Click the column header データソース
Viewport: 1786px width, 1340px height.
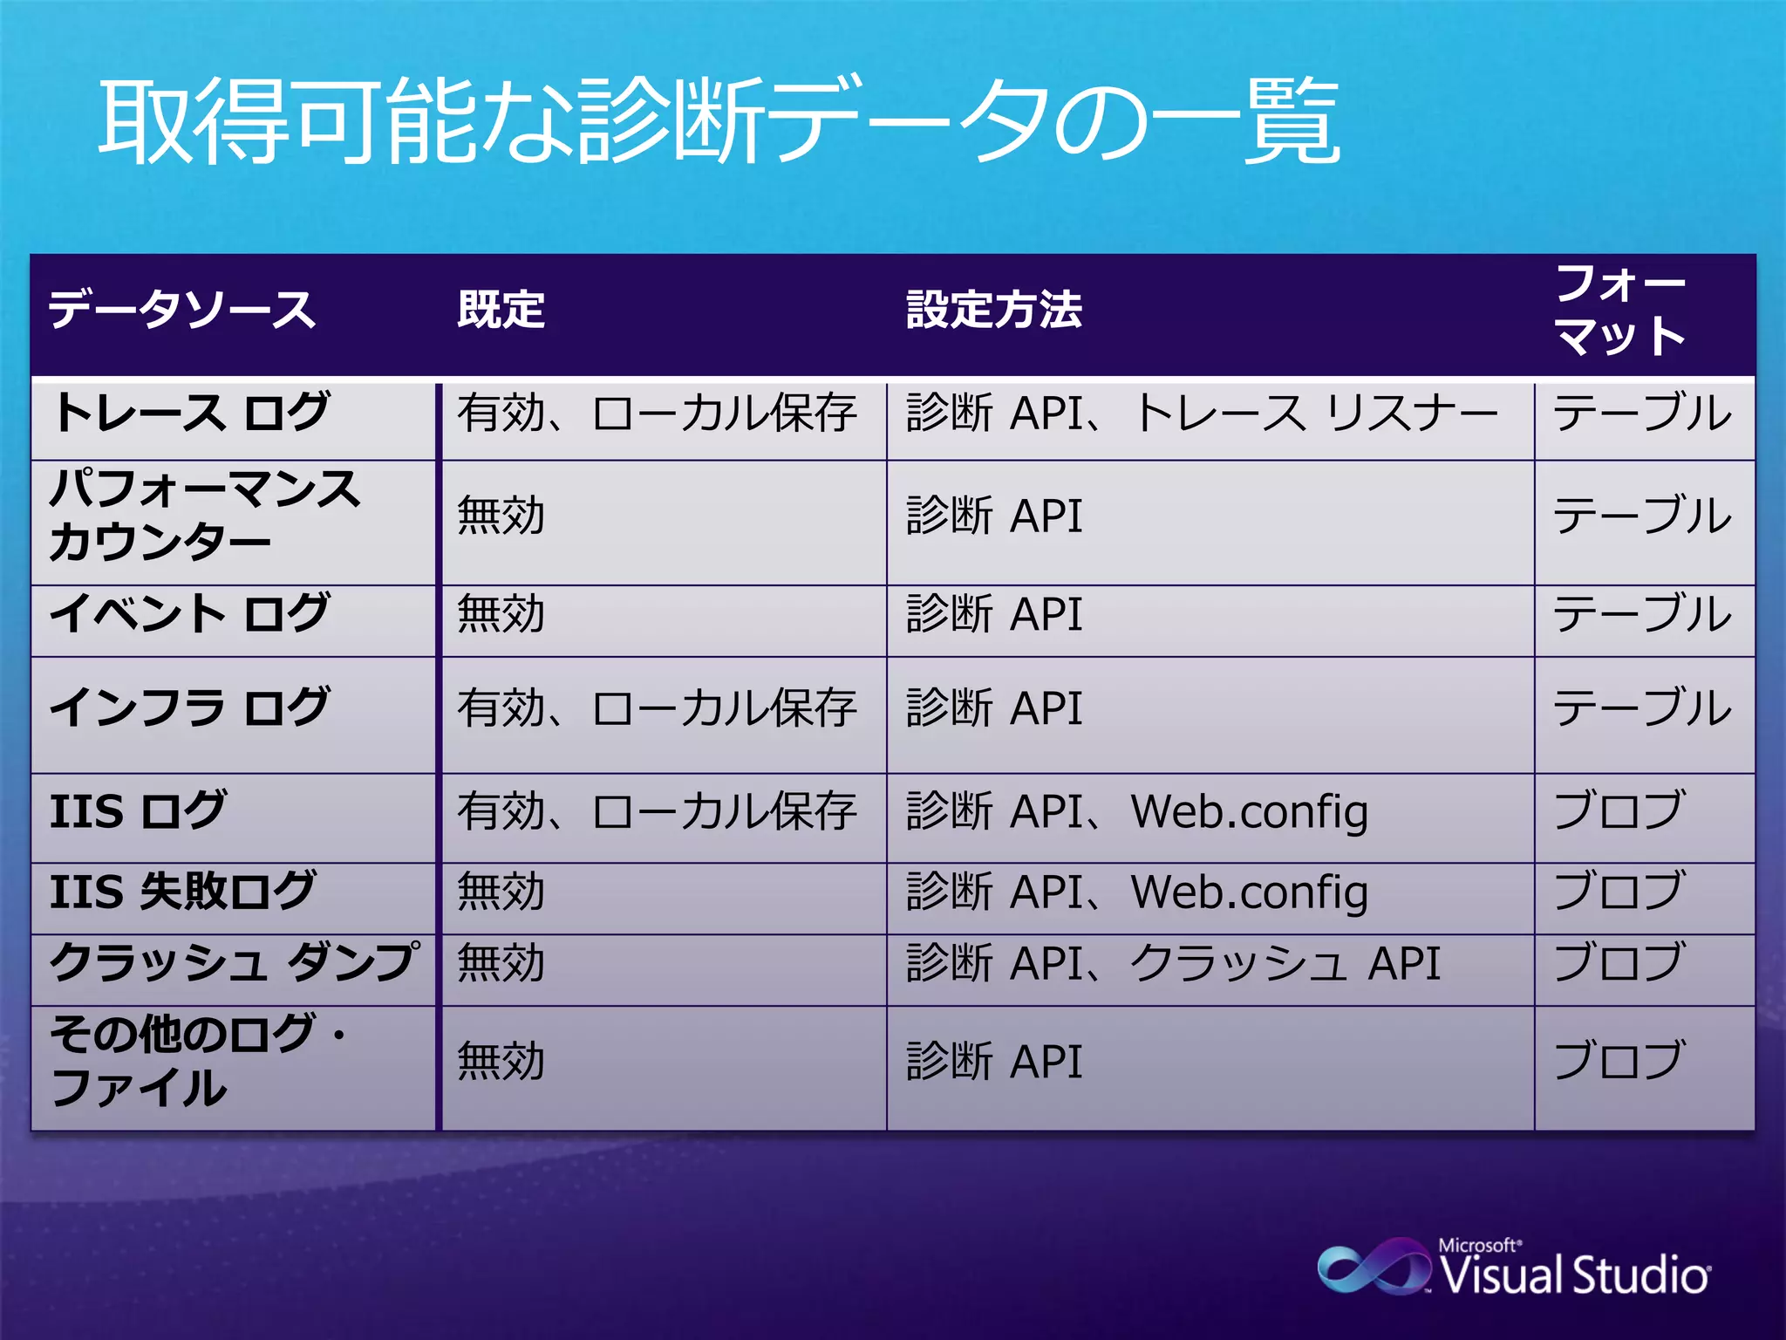click(x=181, y=311)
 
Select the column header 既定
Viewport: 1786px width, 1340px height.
click(x=501, y=311)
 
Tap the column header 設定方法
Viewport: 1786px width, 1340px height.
click(x=993, y=311)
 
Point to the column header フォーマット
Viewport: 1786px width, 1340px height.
click(x=1619, y=311)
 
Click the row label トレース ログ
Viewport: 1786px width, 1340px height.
click(x=190, y=413)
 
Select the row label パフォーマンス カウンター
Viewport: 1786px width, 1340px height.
click(x=204, y=515)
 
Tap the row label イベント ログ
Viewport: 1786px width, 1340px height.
click(x=190, y=613)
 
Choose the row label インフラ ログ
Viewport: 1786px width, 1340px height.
click(x=190, y=708)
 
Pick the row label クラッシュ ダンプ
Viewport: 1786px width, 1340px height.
click(x=234, y=963)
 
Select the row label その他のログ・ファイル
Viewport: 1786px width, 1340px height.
click(x=197, y=1061)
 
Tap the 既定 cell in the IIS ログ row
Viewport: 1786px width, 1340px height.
click(x=656, y=810)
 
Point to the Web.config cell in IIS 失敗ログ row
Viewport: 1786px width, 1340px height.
click(x=1136, y=892)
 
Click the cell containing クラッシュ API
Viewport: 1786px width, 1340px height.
click(x=1173, y=963)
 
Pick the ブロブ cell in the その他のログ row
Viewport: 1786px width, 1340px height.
click(x=1618, y=1061)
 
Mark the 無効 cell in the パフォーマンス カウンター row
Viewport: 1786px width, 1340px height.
click(x=501, y=515)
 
